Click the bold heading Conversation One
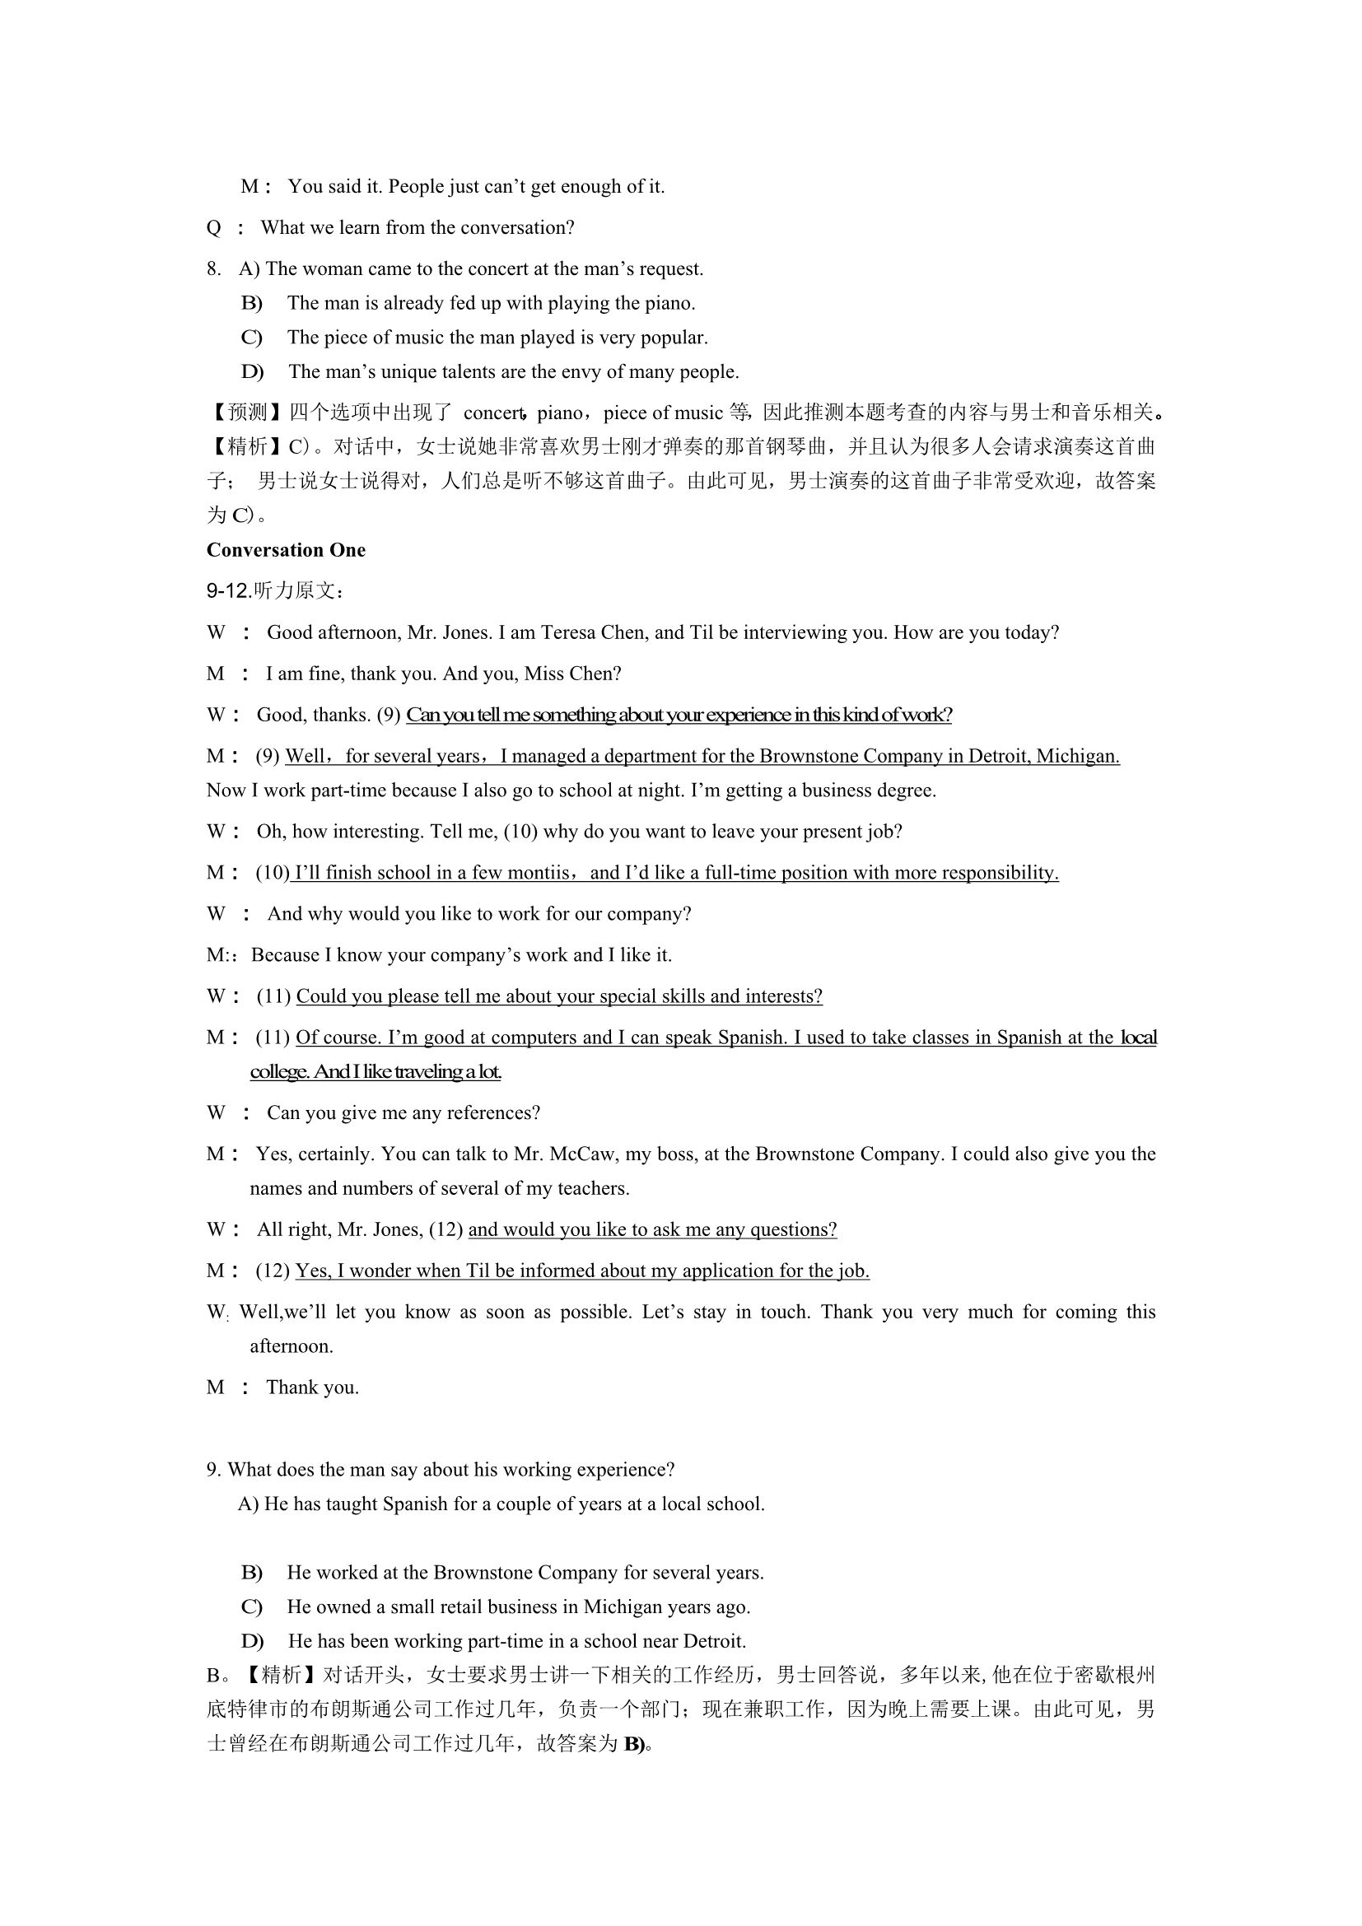pos(286,550)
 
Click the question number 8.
pos(214,269)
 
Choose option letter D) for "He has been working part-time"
pos(252,1641)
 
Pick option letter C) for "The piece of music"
pos(252,338)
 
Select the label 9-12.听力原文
pos(274,591)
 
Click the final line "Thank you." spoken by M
pos(312,1387)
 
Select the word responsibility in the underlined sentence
pos(1001,872)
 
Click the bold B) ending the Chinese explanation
pos(637,1744)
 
